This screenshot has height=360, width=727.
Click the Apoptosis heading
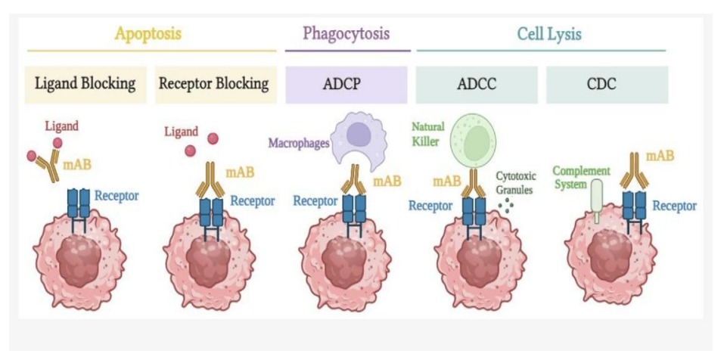click(x=149, y=34)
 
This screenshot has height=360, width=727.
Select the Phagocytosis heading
click(x=346, y=34)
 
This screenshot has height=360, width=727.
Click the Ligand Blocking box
click(x=85, y=84)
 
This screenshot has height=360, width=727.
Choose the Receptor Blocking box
click(x=213, y=84)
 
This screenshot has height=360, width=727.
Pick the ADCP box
click(x=347, y=84)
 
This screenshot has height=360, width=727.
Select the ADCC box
click(x=477, y=84)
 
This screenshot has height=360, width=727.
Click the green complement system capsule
click(x=598, y=200)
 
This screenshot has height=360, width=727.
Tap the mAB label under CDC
click(x=660, y=157)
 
